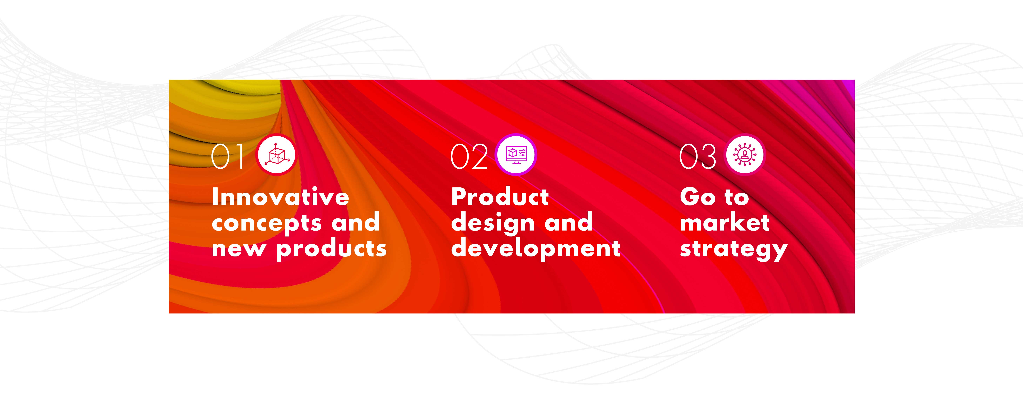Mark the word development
click(536, 249)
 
